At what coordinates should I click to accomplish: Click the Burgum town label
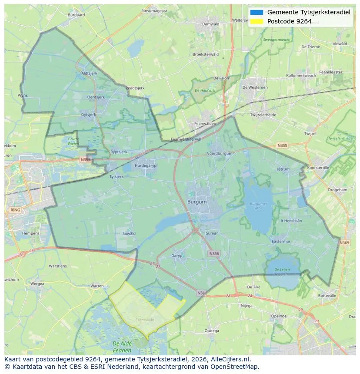[x=197, y=202]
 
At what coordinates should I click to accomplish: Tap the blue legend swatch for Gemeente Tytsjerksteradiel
[x=257, y=12]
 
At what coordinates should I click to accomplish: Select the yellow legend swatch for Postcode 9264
[x=257, y=21]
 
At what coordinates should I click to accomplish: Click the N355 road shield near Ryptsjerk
[x=85, y=160]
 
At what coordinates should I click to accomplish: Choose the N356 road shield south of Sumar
[x=214, y=253]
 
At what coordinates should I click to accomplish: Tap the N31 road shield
[x=201, y=293]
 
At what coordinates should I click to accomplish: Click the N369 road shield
[x=344, y=243]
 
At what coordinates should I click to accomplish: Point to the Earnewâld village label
[x=144, y=320]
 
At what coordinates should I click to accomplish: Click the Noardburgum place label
[x=220, y=153]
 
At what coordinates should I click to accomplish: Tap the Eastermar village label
[x=280, y=242]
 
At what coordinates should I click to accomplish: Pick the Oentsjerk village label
[x=97, y=97]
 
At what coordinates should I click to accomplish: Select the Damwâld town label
[x=211, y=24]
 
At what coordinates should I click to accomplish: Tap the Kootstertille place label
[x=318, y=168]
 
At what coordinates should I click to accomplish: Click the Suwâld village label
[x=129, y=233]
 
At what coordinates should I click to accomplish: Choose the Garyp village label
[x=177, y=256]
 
